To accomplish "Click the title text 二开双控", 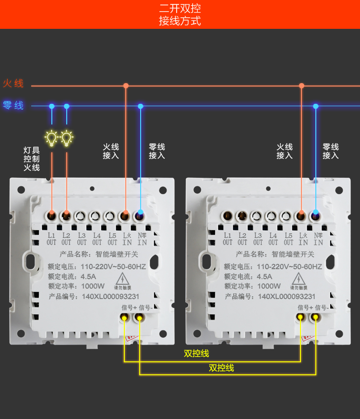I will [180, 9].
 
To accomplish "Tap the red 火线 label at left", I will [13, 84].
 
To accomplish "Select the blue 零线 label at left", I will [13, 105].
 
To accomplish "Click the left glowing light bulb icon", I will [51, 138].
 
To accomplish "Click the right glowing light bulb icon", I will [66, 138].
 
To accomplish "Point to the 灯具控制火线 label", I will [32, 159].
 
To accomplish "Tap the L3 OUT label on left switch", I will [82, 239].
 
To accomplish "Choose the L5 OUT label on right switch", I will [288, 239].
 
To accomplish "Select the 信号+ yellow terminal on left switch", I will [124, 318].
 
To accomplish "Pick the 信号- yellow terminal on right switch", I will [315, 318].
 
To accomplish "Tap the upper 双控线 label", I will [196, 354].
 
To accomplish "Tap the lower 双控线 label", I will [221, 368].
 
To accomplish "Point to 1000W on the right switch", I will [269, 286].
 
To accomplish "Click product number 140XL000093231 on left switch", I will [110, 296].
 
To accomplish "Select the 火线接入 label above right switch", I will [285, 151].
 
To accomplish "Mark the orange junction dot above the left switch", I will [126, 86].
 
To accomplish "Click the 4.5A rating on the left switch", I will [88, 276].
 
